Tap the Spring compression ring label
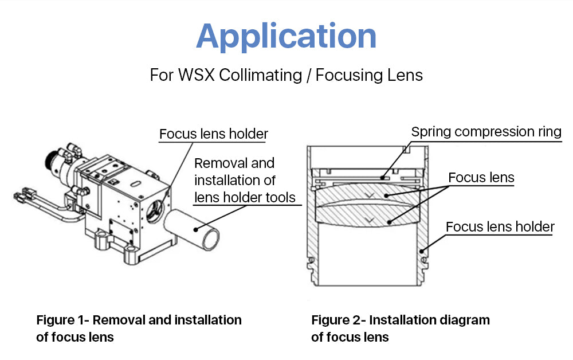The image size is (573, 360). [486, 132]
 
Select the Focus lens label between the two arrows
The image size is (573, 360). [481, 178]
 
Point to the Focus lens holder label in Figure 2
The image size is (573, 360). [500, 227]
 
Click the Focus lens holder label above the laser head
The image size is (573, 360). [213, 134]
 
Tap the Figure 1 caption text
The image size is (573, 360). [139, 328]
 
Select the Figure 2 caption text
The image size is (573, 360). [400, 328]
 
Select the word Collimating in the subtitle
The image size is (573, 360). [257, 75]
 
